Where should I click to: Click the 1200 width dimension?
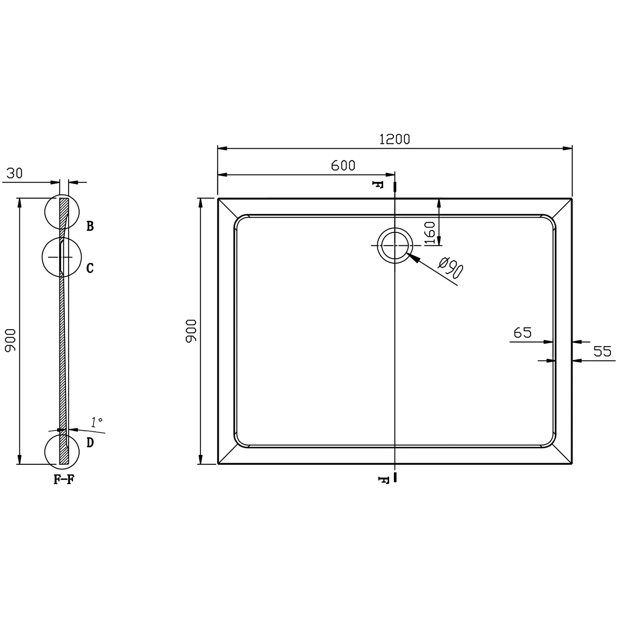[x=394, y=139]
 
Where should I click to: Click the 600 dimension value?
[x=343, y=165]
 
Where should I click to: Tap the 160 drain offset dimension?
[x=429, y=233]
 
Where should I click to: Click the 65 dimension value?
[x=522, y=332]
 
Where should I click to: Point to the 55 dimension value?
[x=602, y=351]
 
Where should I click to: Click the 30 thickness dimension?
[x=14, y=173]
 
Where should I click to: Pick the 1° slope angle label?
[x=97, y=422]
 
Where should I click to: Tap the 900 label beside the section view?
[x=10, y=340]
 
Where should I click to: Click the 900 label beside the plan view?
[x=191, y=331]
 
